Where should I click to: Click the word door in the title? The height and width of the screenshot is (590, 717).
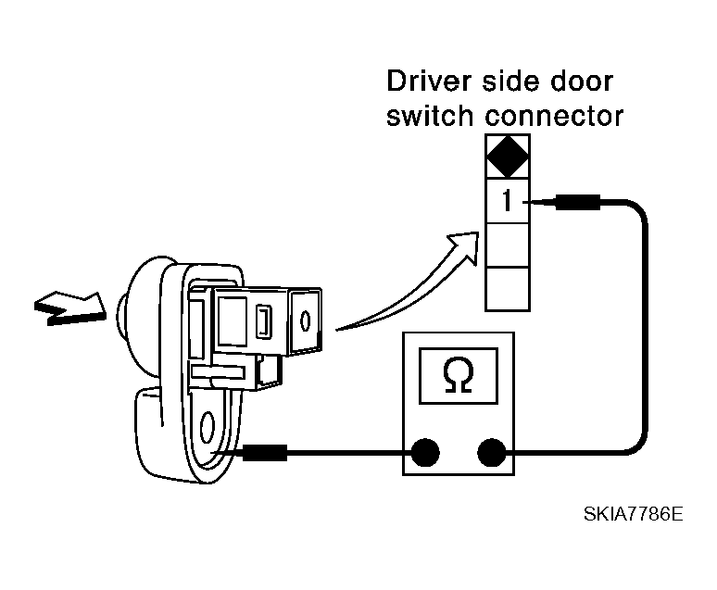click(x=581, y=82)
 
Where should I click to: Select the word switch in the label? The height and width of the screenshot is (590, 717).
click(x=430, y=116)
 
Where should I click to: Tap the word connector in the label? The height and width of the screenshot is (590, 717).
click(x=554, y=116)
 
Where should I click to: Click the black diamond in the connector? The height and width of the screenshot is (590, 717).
click(x=508, y=156)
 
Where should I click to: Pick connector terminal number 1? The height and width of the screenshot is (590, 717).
click(x=507, y=201)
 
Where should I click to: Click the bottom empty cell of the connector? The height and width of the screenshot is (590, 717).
click(x=508, y=289)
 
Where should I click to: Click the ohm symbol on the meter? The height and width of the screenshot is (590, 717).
click(x=458, y=375)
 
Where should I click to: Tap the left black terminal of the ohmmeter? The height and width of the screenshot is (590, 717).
click(x=425, y=452)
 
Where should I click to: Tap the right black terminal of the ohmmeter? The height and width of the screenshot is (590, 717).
click(x=492, y=452)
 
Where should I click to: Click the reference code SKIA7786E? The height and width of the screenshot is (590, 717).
click(x=634, y=514)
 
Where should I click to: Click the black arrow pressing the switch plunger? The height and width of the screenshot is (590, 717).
click(x=70, y=308)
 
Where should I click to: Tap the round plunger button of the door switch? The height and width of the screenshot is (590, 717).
click(x=121, y=316)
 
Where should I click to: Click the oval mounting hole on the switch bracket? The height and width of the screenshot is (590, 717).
click(x=208, y=426)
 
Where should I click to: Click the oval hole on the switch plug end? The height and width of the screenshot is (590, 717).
click(x=305, y=320)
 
